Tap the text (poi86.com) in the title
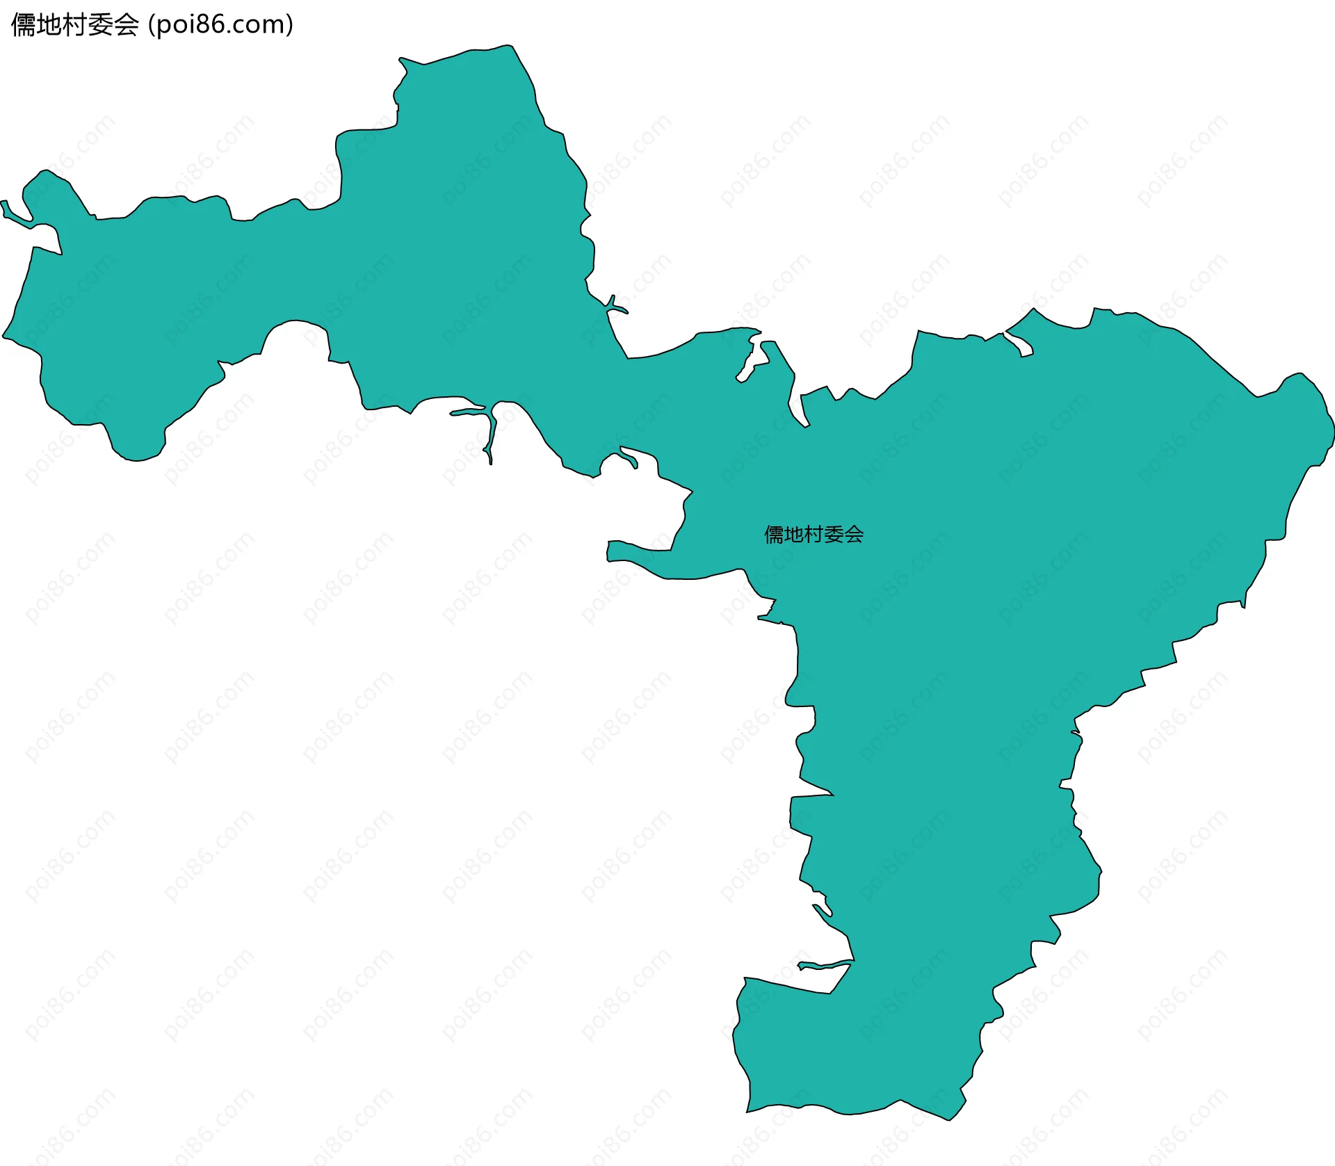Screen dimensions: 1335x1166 point(220,25)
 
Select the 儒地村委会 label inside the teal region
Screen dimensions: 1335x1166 point(814,534)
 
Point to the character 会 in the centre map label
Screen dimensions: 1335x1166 point(855,534)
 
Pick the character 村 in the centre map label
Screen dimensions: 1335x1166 point(814,534)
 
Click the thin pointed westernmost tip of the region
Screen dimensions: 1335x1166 point(3,202)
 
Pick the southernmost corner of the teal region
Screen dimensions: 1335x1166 point(950,1119)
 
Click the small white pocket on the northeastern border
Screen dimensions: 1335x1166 point(1019,344)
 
